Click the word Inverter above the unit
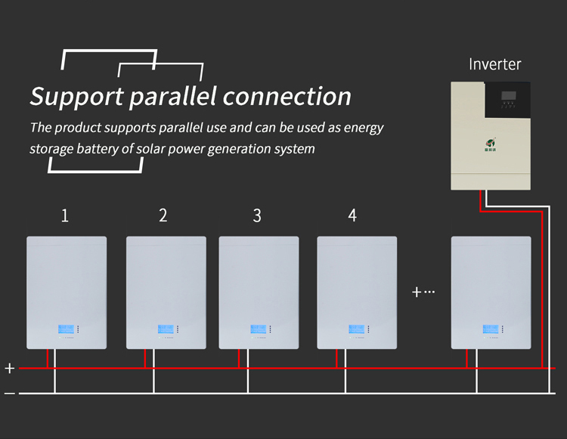pyautogui.click(x=494, y=64)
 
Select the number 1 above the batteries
pyautogui.click(x=65, y=215)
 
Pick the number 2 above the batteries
pyautogui.click(x=163, y=215)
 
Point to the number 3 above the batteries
pyautogui.click(x=257, y=216)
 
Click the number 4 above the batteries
pyautogui.click(x=352, y=215)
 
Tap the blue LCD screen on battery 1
pyautogui.click(x=66, y=329)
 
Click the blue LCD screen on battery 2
pyautogui.click(x=166, y=329)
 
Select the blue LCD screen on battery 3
pyautogui.click(x=259, y=329)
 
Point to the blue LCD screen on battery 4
pyautogui.click(x=356, y=329)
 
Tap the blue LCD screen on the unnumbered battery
pyautogui.click(x=491, y=329)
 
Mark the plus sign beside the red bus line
pyautogui.click(x=9, y=369)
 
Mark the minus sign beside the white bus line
pyautogui.click(x=9, y=394)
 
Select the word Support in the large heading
pyautogui.click(x=76, y=97)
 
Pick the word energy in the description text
pyautogui.click(x=364, y=128)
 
